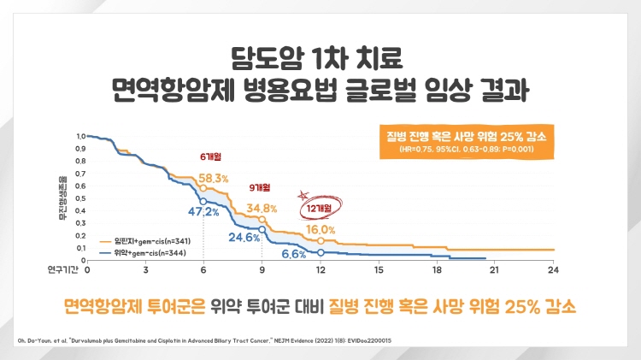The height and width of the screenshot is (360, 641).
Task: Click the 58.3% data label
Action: (x=214, y=178)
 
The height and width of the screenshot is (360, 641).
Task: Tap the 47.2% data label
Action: (x=180, y=210)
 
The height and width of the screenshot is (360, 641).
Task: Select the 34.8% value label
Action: (x=262, y=208)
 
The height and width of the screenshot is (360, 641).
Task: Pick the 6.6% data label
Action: (x=293, y=254)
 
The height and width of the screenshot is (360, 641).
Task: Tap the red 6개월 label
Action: (x=209, y=157)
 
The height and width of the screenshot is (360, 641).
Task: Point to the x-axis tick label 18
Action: (x=437, y=269)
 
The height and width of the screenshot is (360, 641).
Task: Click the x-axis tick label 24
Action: (x=553, y=269)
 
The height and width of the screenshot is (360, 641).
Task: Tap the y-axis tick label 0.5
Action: (x=81, y=198)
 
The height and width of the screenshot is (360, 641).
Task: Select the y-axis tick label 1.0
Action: (x=81, y=136)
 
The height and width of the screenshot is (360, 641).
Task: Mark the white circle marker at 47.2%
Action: (x=203, y=201)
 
